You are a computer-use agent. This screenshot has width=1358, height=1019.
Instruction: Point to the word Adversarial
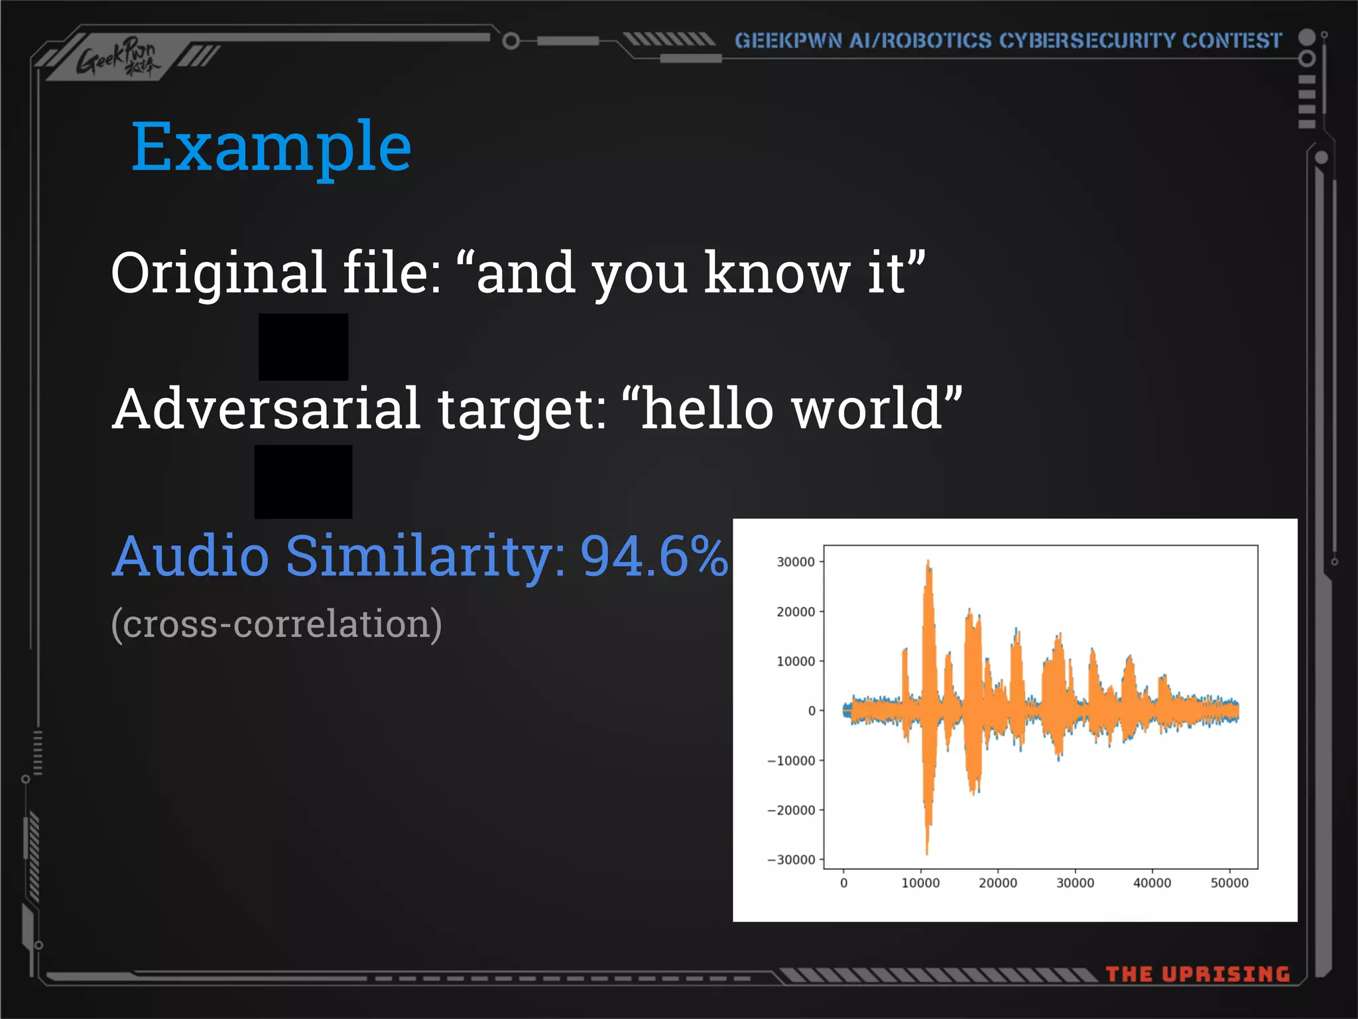(x=266, y=409)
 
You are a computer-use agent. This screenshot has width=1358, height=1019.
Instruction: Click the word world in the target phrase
(x=869, y=409)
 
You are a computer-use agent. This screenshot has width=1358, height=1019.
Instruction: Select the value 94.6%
(x=654, y=556)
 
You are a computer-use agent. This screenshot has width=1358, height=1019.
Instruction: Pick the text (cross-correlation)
(x=276, y=624)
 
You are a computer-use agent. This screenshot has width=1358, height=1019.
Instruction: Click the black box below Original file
(x=303, y=346)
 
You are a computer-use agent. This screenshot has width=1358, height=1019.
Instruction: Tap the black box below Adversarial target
(x=303, y=482)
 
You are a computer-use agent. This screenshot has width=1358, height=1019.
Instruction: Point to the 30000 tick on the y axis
(x=795, y=562)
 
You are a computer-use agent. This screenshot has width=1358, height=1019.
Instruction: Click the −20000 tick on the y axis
(x=791, y=810)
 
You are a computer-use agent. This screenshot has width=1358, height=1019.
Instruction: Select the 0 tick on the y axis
(x=812, y=711)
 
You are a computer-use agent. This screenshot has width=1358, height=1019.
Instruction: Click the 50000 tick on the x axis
(x=1229, y=883)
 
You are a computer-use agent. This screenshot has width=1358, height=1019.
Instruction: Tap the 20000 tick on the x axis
(x=997, y=883)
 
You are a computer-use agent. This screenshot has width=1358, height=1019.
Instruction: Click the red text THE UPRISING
(x=1198, y=974)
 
